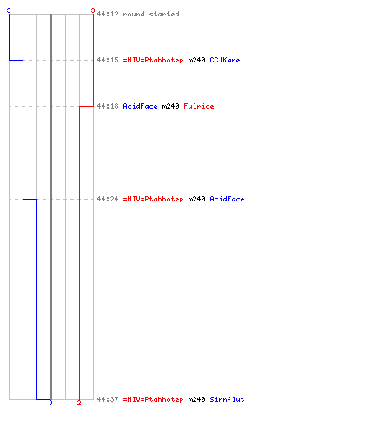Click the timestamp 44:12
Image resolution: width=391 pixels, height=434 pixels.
[x=108, y=14]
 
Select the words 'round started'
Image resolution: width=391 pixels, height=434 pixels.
[x=151, y=14]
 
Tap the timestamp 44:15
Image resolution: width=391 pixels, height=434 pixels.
[x=108, y=60]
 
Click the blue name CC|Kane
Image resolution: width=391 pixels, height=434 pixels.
[x=225, y=60]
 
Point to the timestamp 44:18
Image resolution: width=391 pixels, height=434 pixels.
[x=108, y=106]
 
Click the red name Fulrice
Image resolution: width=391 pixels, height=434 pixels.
[x=199, y=106]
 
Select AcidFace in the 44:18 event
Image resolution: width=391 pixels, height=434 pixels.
[x=140, y=106]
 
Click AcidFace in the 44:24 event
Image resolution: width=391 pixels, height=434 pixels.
[x=227, y=199]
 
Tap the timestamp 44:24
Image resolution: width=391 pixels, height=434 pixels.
[x=108, y=199]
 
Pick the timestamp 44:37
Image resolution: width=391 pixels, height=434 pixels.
[x=108, y=399]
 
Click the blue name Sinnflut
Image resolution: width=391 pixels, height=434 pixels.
[x=227, y=399]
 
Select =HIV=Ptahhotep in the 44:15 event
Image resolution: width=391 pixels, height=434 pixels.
[x=153, y=60]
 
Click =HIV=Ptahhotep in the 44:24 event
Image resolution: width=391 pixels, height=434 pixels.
[x=153, y=199]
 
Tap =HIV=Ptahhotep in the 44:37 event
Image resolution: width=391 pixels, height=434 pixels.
[x=153, y=399]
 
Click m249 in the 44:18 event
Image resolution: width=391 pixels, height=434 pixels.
[x=170, y=106]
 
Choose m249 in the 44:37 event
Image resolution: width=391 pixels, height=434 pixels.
[x=196, y=399]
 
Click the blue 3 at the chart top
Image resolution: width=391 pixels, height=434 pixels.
[x=9, y=10]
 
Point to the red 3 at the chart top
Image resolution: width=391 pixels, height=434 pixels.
[x=93, y=10]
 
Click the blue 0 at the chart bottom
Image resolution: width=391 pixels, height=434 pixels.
[x=50, y=403]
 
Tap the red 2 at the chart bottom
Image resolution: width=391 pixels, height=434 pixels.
[x=79, y=403]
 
